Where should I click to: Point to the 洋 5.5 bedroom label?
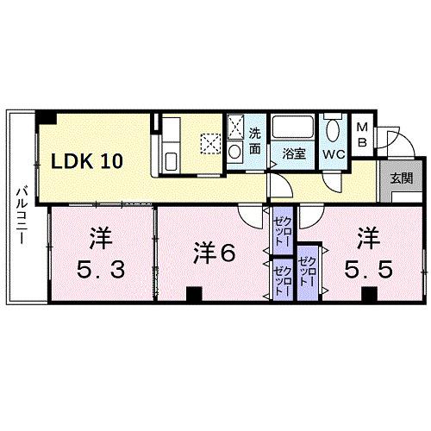click(x=372, y=253)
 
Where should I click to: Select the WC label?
click(x=334, y=154)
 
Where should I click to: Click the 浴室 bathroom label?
click(x=294, y=154)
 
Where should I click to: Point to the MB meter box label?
click(x=363, y=134)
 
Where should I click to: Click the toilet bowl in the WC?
click(x=334, y=129)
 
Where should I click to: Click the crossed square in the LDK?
click(x=211, y=143)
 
